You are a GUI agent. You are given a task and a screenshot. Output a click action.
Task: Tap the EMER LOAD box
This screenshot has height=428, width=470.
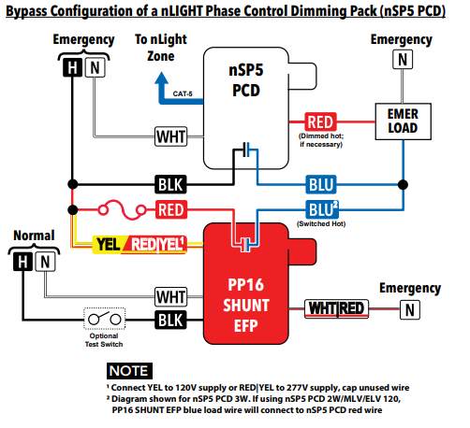coord(402,121)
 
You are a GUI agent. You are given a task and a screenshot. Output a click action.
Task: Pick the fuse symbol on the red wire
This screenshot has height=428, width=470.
coord(119,208)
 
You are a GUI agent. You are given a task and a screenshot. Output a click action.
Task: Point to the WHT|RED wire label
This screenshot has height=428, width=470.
coord(337,308)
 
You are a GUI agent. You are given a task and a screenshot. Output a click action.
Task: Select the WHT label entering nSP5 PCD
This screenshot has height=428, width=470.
coord(171,136)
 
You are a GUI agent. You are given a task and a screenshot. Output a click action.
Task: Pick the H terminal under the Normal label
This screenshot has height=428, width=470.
coord(22,264)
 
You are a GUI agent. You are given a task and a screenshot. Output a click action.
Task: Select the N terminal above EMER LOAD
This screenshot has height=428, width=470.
coord(402,59)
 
